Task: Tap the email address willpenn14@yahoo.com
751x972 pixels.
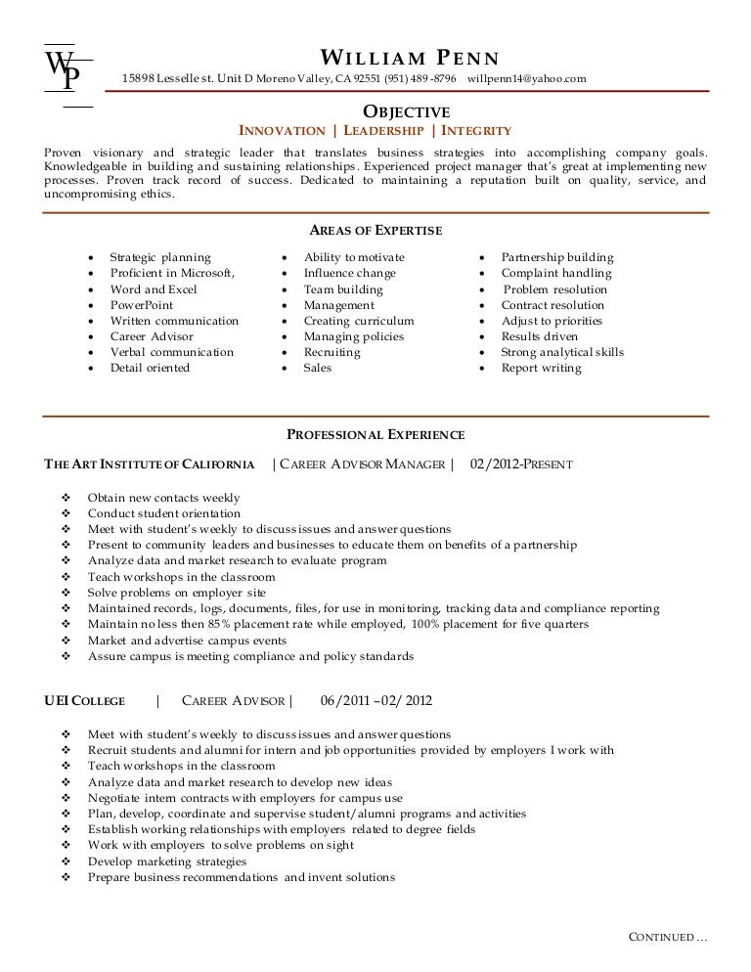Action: point(527,78)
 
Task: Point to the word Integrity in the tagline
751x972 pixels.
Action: point(476,130)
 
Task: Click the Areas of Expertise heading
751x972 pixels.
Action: point(375,231)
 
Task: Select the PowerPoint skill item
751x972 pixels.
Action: point(144,305)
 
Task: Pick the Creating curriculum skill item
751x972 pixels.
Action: point(358,321)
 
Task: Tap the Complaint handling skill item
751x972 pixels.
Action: point(556,274)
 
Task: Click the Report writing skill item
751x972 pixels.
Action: point(541,368)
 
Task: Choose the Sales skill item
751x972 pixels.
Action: point(317,368)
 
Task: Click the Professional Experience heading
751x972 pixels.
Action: point(375,434)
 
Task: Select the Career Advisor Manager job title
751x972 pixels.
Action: point(362,464)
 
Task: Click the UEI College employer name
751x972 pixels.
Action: point(85,701)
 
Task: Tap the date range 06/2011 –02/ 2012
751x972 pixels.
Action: point(376,701)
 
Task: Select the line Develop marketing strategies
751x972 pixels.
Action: point(167,862)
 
